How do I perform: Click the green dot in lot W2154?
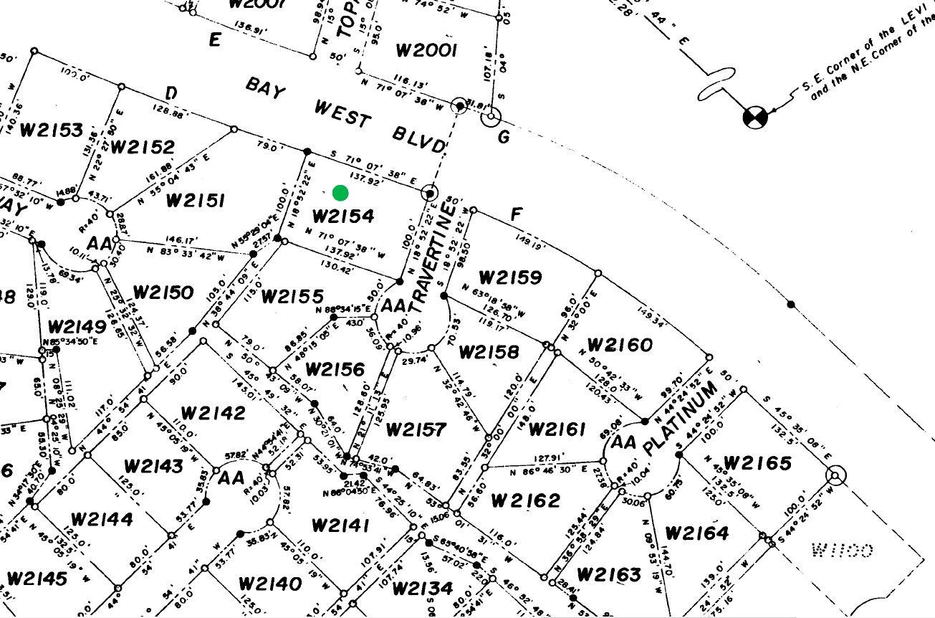[x=340, y=193]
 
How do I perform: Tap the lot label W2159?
[x=510, y=277]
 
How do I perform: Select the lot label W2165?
[x=757, y=463]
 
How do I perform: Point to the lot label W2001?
[x=426, y=50]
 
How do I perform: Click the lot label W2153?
[x=51, y=130]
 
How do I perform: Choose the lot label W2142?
[x=213, y=413]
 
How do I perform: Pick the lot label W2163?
[x=608, y=574]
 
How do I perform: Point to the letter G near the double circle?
[x=504, y=136]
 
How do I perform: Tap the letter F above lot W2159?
[x=516, y=215]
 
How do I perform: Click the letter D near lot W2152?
[x=171, y=93]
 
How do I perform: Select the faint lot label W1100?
[x=841, y=551]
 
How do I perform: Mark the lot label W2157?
[x=416, y=429]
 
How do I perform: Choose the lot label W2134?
[x=423, y=589]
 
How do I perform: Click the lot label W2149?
[x=77, y=327]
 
